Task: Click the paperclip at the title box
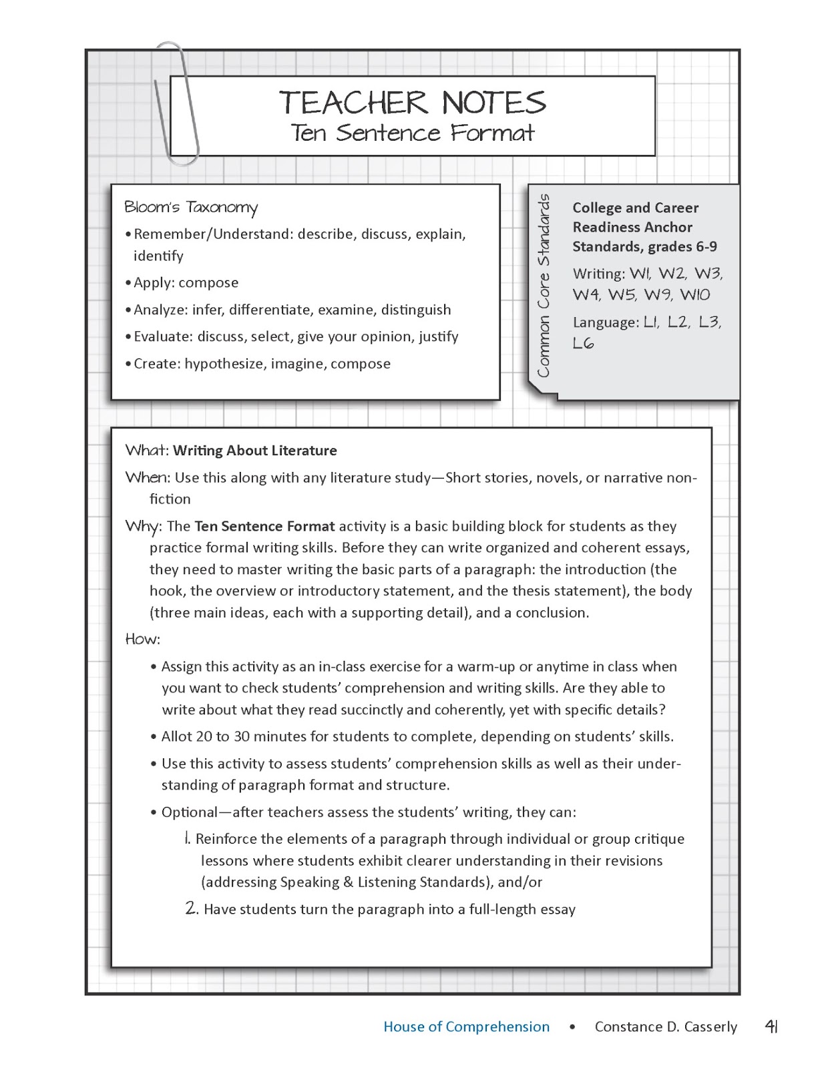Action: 177,107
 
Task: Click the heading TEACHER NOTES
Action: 412,103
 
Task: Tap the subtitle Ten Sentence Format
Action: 412,133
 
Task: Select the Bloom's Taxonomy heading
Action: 190,208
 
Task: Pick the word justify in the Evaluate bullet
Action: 438,336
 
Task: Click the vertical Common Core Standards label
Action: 544,286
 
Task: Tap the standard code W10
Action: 695,295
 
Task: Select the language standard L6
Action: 583,343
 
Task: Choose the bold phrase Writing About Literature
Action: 255,451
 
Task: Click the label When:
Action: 148,478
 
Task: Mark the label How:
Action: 143,639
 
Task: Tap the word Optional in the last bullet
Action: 190,812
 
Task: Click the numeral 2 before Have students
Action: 191,908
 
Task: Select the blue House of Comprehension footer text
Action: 466,1027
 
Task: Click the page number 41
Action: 771,1027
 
